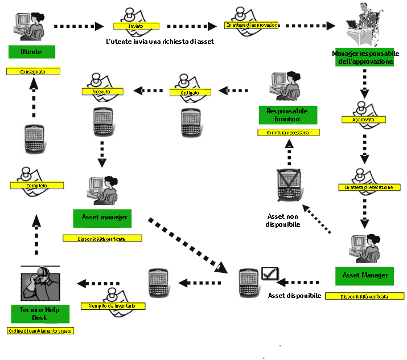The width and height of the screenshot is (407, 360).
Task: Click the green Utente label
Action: tap(32, 51)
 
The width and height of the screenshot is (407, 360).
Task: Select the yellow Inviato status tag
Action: tap(136, 26)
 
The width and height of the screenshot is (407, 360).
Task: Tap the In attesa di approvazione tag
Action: tap(253, 25)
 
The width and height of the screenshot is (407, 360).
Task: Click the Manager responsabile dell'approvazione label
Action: tap(365, 58)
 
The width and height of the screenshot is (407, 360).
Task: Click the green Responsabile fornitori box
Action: tap(287, 114)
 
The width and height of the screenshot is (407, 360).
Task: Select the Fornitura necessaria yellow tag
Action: tap(288, 133)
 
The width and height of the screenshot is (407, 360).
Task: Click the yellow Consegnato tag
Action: tap(33, 72)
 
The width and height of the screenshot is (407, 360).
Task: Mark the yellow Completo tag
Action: tap(36, 186)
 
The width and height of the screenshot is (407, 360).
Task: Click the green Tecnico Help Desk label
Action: tap(40, 313)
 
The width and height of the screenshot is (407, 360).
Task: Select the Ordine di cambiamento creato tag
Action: tap(40, 330)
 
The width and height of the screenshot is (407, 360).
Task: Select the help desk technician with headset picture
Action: tap(40, 284)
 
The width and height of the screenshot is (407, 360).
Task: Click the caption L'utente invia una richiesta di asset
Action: tap(160, 42)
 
